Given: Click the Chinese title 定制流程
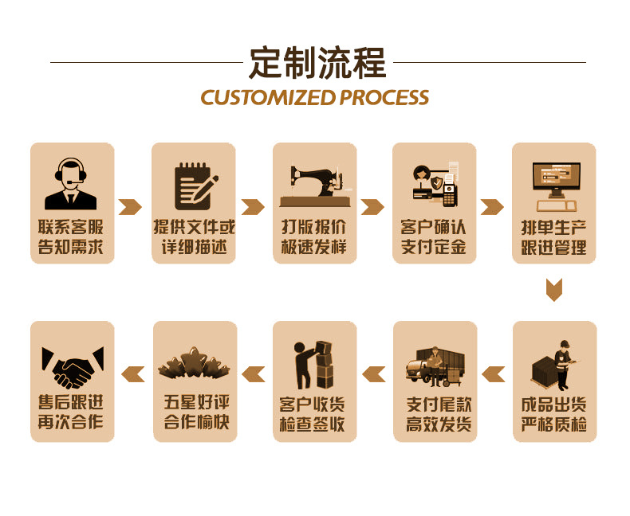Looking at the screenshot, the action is tap(317, 63).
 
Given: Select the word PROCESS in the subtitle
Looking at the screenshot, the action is tap(384, 98).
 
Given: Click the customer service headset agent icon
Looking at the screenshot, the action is tap(71, 183).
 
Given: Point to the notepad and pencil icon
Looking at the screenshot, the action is tap(195, 185).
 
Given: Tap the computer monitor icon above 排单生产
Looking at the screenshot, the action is tap(556, 181).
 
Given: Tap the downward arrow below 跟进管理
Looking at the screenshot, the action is tap(554, 290).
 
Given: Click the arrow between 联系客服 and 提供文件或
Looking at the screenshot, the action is tap(130, 207).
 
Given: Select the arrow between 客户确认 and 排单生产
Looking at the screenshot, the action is tap(492, 207).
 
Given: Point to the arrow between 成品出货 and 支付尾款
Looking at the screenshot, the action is tap(494, 372).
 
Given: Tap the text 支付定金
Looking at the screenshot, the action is tap(434, 247).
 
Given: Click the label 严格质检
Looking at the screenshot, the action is tap(554, 424).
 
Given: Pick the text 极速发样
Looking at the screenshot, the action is tap(313, 247).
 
